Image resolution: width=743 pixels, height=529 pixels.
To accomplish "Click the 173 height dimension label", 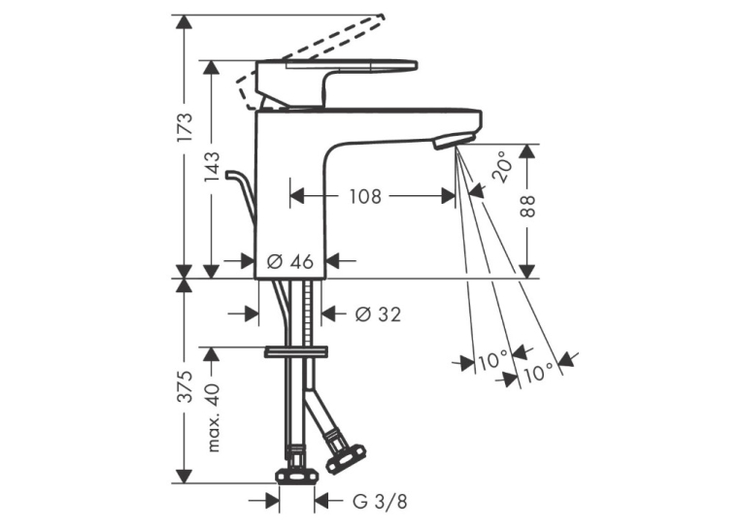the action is (185, 127).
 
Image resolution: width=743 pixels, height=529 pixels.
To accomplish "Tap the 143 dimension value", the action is (212, 166).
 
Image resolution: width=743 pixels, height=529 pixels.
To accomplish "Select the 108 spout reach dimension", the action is (365, 196).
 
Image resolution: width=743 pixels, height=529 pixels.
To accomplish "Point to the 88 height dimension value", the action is (526, 206).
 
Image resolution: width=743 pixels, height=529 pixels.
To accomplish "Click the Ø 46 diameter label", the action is (290, 260).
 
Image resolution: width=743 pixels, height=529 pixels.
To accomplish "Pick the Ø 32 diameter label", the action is (378, 314).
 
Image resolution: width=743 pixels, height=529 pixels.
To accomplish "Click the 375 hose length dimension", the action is (185, 386).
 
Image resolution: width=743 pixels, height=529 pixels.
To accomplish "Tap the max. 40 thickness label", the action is (213, 417).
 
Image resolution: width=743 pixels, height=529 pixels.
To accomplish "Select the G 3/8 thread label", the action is (380, 502).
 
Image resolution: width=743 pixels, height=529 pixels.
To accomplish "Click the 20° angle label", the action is (502, 167).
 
